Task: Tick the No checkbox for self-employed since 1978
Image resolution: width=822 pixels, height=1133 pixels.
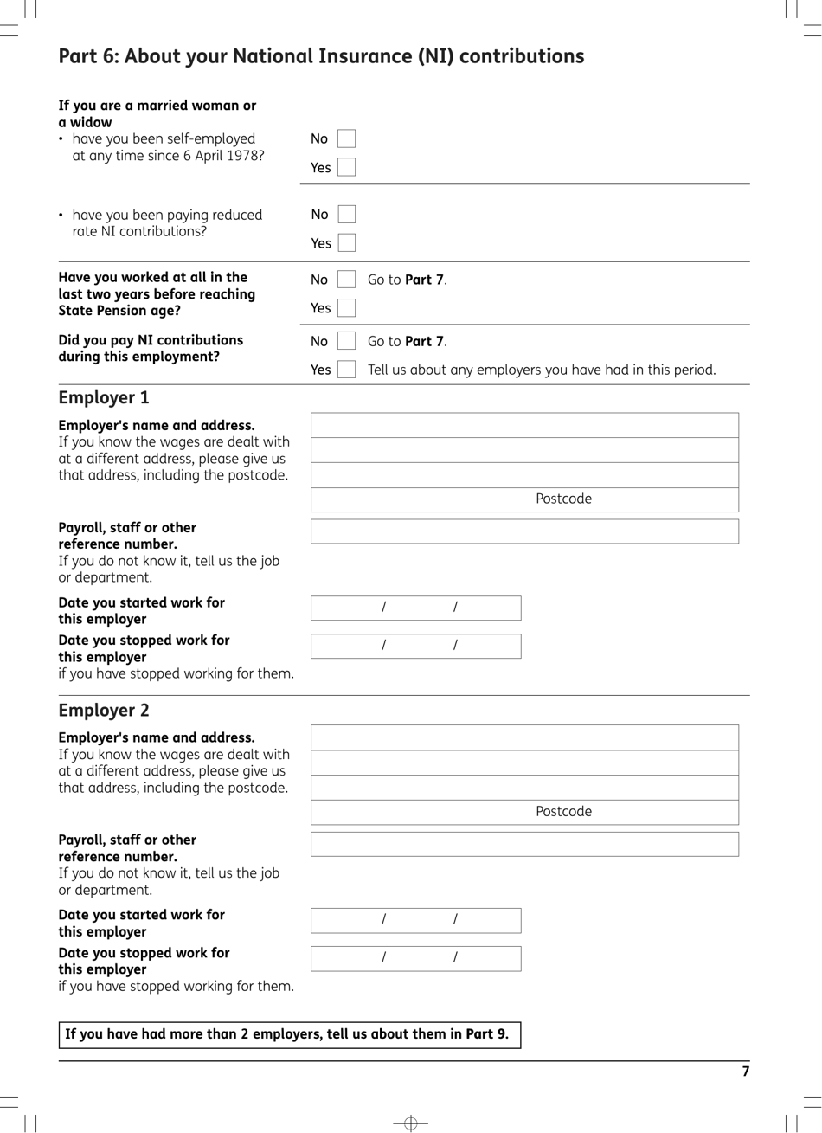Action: click(346, 138)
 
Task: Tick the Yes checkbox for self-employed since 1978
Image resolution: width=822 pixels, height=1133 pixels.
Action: click(346, 167)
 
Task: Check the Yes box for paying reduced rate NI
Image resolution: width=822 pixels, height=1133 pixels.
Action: click(346, 243)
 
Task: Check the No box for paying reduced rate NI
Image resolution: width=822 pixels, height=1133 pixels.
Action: click(346, 214)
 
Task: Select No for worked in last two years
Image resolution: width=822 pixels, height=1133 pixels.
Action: click(346, 280)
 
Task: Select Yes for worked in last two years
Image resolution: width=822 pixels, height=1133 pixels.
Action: click(346, 307)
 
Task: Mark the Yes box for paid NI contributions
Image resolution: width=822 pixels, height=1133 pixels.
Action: click(346, 370)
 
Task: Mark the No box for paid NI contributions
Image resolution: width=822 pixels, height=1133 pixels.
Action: click(346, 341)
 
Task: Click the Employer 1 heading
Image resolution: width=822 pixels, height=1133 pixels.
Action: click(104, 397)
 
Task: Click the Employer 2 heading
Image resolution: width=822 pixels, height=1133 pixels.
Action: click(104, 710)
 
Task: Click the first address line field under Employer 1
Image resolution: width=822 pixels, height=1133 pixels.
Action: click(524, 425)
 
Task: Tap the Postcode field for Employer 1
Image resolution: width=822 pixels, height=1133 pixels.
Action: click(524, 499)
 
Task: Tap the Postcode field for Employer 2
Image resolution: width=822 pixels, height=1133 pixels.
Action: click(524, 812)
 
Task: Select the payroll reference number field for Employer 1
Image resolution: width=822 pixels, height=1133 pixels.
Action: click(524, 531)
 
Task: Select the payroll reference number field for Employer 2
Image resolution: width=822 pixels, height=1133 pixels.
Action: click(524, 844)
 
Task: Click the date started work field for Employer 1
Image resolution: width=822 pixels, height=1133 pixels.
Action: click(415, 608)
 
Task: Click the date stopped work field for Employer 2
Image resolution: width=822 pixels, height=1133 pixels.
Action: click(415, 958)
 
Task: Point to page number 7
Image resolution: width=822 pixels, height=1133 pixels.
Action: click(745, 1072)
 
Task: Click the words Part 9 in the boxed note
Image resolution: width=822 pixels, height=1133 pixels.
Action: click(486, 1034)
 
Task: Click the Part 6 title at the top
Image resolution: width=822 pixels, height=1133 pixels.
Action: click(321, 56)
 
